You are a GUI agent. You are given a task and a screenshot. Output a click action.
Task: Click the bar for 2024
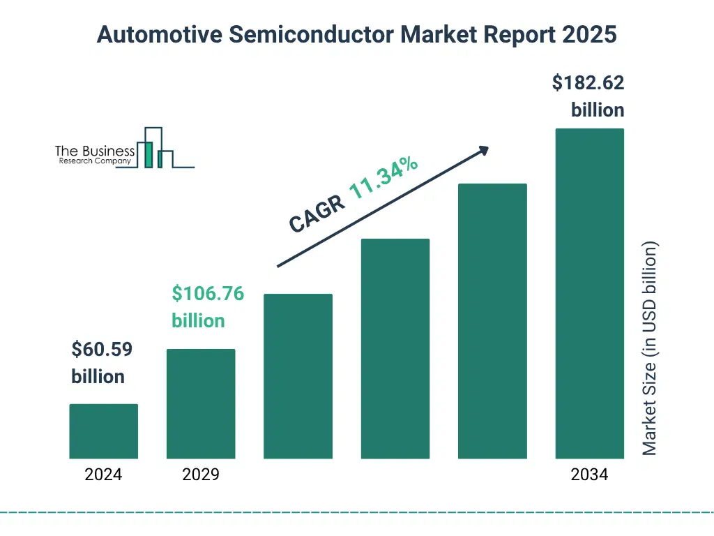click(x=103, y=431)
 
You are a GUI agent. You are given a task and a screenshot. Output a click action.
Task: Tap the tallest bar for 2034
click(x=589, y=293)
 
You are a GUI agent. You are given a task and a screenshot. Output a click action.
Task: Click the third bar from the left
click(x=298, y=376)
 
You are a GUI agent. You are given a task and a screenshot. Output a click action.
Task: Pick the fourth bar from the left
click(x=395, y=349)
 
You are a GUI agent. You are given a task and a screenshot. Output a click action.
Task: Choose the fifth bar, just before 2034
click(x=492, y=321)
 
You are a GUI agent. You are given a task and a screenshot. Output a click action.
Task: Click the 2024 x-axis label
click(x=103, y=475)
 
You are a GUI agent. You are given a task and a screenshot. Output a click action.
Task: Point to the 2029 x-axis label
click(x=201, y=475)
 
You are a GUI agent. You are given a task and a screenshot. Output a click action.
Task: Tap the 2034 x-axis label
click(x=589, y=475)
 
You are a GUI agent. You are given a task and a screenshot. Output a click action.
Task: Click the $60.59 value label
click(x=102, y=349)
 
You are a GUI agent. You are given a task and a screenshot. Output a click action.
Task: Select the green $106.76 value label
click(x=208, y=294)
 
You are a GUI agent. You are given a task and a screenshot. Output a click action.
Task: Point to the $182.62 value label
click(x=588, y=83)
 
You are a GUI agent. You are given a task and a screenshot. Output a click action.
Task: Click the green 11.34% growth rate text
click(x=383, y=179)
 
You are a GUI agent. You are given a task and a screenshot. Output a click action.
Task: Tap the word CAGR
click(x=315, y=214)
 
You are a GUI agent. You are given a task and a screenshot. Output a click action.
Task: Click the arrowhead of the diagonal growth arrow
click(x=483, y=150)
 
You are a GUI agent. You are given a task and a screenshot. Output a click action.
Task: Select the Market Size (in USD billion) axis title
click(x=650, y=348)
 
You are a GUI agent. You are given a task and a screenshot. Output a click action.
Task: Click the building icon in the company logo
click(x=155, y=148)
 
